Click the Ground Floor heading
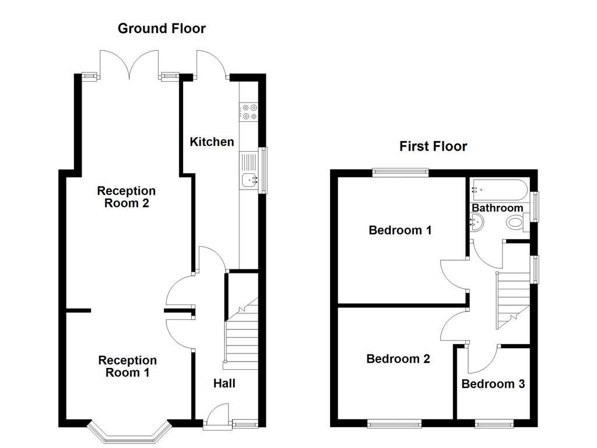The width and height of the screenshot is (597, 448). (x=161, y=29)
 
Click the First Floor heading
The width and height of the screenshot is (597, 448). (x=433, y=146)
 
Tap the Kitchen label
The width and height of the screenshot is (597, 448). (x=212, y=142)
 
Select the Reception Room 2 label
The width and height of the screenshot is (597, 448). (x=127, y=197)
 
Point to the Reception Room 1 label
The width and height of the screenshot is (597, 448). (x=127, y=366)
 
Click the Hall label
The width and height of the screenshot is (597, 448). (x=224, y=383)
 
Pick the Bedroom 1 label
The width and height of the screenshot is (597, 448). (x=400, y=230)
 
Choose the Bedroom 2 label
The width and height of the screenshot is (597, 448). (x=398, y=359)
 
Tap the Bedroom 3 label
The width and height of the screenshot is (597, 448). (x=493, y=384)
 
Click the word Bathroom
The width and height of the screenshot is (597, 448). (x=497, y=208)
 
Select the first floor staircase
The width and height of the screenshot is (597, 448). (x=512, y=300)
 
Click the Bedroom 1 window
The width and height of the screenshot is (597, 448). (x=401, y=173)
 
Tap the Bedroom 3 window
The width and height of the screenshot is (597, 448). (x=494, y=423)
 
